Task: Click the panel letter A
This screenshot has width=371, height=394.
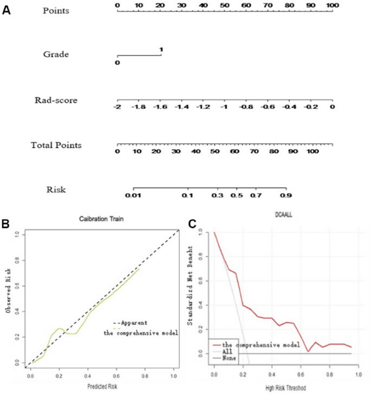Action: (x=6, y=10)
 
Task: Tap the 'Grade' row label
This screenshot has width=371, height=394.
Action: (x=55, y=54)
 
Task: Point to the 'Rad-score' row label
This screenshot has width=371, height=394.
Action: (x=56, y=100)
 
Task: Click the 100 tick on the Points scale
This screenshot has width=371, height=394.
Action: (x=333, y=5)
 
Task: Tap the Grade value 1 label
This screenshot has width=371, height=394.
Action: (x=161, y=50)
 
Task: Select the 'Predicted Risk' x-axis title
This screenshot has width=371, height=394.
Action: (x=102, y=386)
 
